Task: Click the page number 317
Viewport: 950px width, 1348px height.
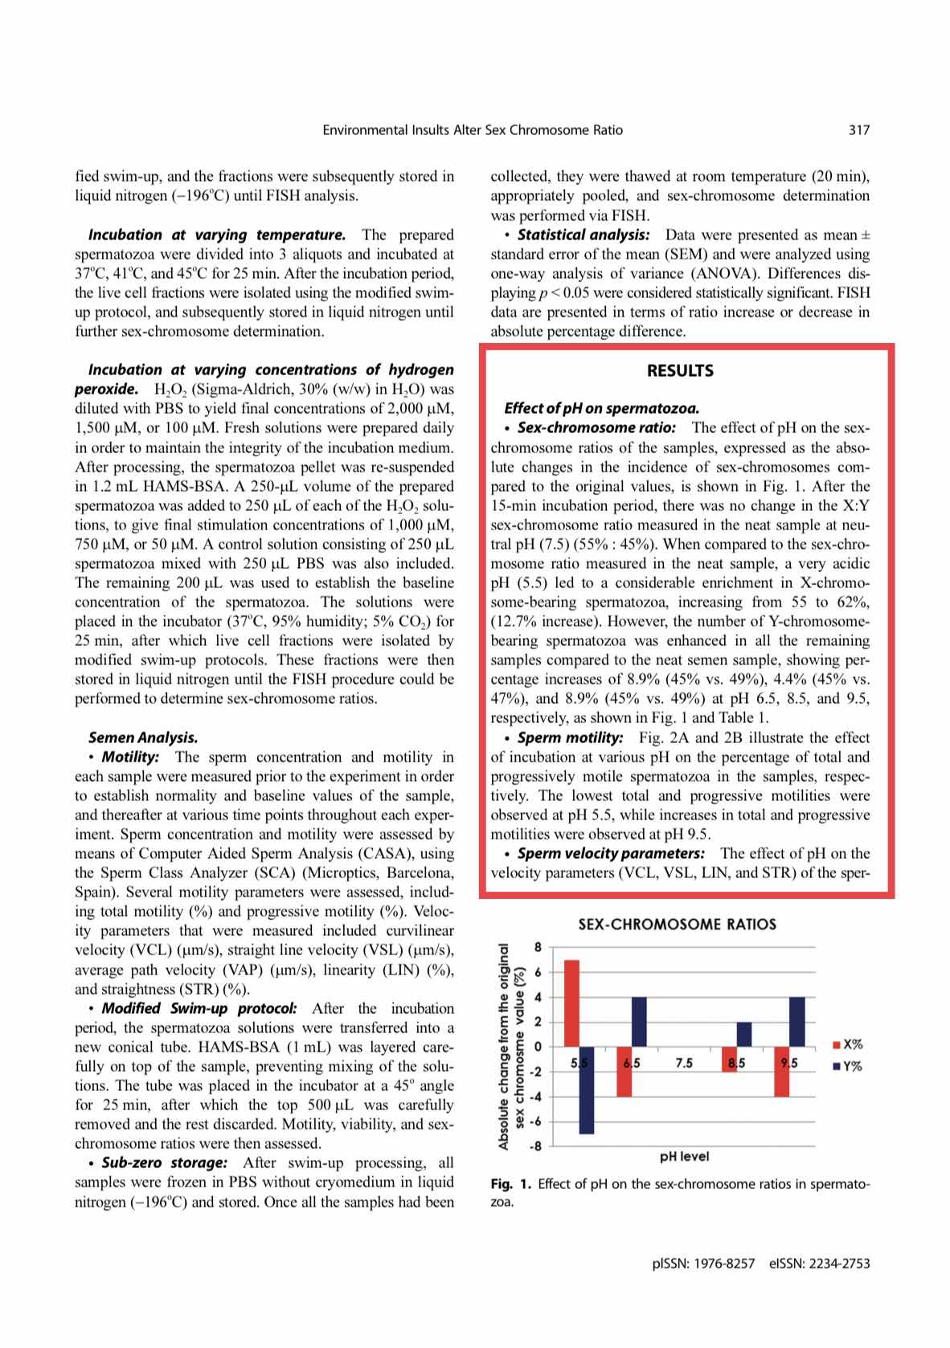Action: (x=859, y=129)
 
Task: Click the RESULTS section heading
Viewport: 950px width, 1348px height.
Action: (x=680, y=370)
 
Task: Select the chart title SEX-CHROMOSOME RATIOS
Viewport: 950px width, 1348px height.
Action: (x=678, y=924)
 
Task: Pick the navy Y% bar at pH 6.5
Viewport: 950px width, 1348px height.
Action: (x=640, y=1021)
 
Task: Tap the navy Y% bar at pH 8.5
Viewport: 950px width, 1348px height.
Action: (x=744, y=1034)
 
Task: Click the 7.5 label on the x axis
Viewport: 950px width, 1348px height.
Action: (x=684, y=1064)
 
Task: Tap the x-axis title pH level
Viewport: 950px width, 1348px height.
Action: (x=684, y=1157)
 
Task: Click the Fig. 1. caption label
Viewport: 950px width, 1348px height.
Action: (x=510, y=1183)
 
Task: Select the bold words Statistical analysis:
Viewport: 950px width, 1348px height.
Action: (x=583, y=235)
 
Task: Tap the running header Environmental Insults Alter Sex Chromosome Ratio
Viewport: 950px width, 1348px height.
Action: (x=473, y=129)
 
